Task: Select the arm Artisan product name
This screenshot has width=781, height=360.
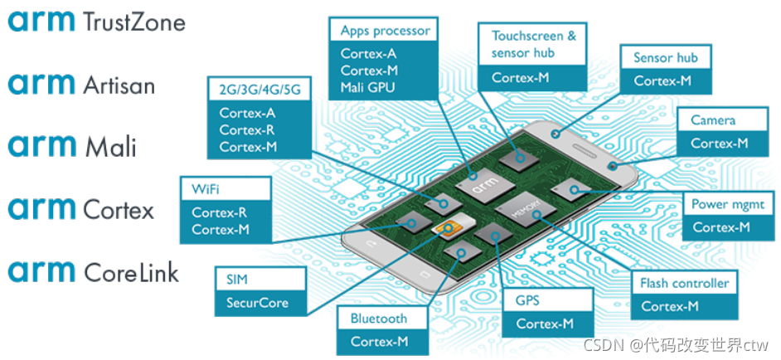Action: (81, 84)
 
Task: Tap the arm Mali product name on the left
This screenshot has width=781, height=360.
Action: (73, 147)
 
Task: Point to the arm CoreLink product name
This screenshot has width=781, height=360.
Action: (94, 271)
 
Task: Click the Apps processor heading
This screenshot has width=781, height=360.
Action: (385, 31)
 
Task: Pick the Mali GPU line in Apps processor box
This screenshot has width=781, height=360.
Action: (368, 87)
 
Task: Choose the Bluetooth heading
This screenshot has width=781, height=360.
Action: (379, 318)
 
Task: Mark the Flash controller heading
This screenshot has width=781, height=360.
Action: (684, 283)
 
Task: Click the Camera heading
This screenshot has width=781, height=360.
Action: (713, 120)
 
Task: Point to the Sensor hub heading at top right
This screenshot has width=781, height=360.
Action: (665, 57)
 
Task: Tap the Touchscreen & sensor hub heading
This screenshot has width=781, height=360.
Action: (533, 44)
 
